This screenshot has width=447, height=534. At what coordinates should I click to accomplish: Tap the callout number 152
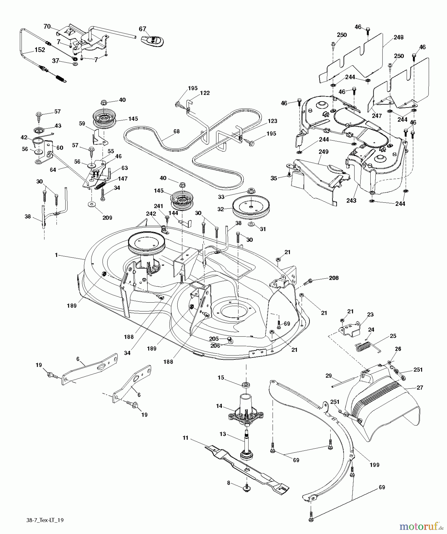40,50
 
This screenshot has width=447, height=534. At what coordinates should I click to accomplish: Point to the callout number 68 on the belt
176,131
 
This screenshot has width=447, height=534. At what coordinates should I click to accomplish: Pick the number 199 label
375,465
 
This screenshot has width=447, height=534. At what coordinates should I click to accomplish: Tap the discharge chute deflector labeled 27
383,409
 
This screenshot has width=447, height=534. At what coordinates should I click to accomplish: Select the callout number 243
351,201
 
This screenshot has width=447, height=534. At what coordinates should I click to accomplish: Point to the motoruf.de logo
421,526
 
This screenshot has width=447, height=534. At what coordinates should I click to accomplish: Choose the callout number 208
334,278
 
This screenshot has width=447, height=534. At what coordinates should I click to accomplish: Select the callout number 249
323,152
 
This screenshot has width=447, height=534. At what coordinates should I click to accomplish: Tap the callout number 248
399,37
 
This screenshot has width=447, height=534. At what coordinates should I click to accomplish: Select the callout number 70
47,26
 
